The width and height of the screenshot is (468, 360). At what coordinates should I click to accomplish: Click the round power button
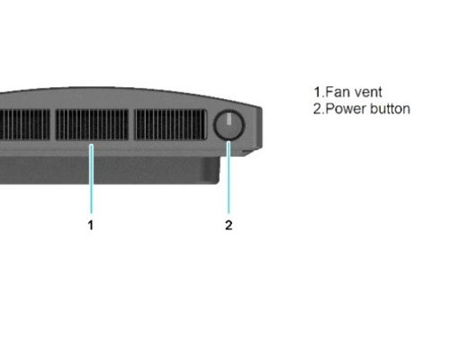point(229,125)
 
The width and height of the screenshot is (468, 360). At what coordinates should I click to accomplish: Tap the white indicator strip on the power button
point(229,119)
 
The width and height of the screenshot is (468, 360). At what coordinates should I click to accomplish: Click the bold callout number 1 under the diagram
point(91,225)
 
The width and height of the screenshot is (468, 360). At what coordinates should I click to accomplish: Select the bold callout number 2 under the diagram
point(229,225)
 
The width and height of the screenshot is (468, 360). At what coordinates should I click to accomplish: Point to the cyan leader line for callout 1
point(92,179)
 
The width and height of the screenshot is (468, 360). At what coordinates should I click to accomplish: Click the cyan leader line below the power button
point(229,177)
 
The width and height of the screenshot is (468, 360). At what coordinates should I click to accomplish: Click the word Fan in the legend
point(336,92)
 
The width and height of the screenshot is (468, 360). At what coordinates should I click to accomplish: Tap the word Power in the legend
point(346,109)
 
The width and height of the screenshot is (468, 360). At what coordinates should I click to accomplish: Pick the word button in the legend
point(390,109)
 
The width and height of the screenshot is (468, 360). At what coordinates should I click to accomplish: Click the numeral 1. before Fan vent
point(319,92)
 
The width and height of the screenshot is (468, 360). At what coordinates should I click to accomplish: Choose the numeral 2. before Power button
point(319,109)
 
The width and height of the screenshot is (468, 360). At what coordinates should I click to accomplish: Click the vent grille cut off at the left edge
point(25,124)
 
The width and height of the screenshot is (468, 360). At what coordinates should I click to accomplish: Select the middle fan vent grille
point(92,124)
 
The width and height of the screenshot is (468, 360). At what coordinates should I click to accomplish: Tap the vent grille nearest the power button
point(170,124)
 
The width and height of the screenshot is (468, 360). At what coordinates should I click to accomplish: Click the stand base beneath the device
point(110,170)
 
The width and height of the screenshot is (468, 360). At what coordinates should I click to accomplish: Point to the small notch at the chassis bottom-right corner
point(248,153)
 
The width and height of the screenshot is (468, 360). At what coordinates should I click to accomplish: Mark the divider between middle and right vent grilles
point(131,124)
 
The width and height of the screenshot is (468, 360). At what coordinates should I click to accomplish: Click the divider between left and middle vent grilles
point(53,124)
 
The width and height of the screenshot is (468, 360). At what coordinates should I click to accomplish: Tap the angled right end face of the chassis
point(259,128)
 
